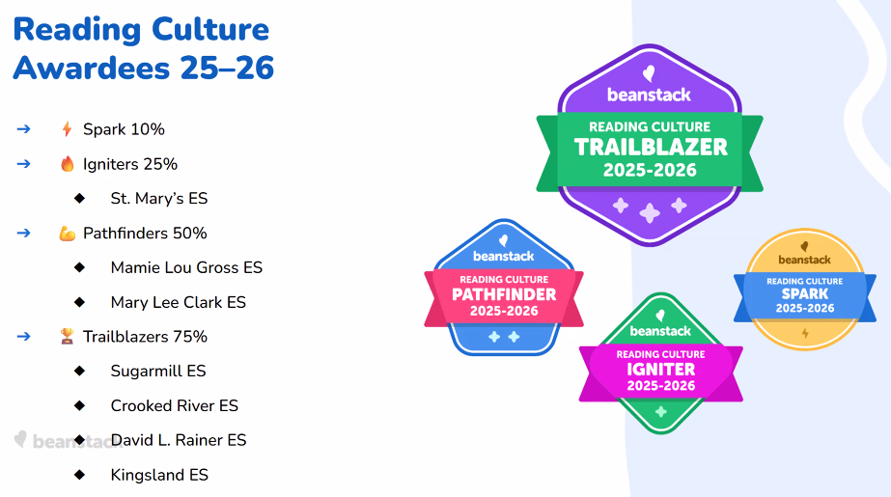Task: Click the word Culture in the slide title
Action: point(210,30)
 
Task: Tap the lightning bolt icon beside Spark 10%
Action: point(67,129)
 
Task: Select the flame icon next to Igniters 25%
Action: point(67,164)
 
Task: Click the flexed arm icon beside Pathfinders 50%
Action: point(67,234)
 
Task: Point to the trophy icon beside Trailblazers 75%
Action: point(67,336)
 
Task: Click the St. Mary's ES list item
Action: point(159,198)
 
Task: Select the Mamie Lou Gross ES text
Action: point(186,267)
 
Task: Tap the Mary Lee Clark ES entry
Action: point(178,302)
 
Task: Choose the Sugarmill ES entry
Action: point(158,371)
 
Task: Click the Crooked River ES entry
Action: point(175,405)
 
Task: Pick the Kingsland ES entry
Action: point(159,475)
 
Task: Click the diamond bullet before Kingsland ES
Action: point(79,474)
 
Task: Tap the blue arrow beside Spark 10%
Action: point(23,129)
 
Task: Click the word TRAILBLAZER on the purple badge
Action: point(651,147)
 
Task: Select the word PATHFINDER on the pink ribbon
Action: point(504,294)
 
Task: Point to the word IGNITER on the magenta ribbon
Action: point(661,370)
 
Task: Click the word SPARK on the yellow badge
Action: point(805,293)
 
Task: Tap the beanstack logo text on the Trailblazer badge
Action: point(649,95)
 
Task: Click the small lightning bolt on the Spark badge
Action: point(805,333)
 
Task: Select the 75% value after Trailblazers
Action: point(190,336)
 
